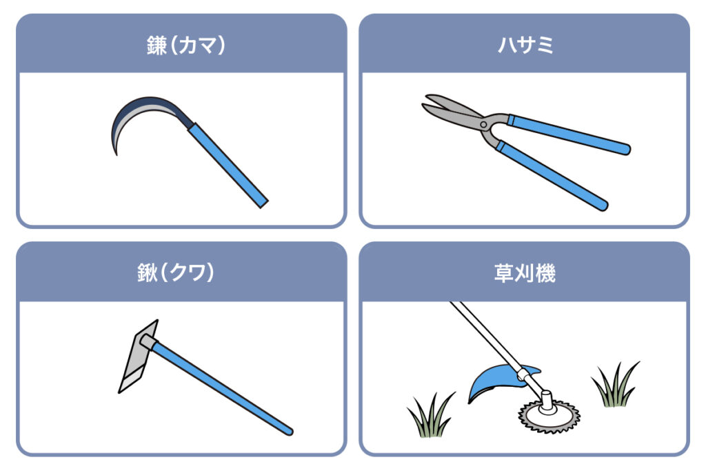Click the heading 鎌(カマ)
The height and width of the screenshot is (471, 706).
click(186, 45)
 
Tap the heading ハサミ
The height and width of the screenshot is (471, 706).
click(525, 45)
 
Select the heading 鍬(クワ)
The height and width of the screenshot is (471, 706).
click(176, 272)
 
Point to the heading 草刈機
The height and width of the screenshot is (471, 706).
click(525, 273)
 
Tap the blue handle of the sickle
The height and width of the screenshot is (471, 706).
click(228, 166)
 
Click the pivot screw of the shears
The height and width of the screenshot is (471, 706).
click(483, 124)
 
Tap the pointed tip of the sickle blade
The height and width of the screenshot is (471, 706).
click(117, 154)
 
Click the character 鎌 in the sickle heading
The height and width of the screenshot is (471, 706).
click(157, 46)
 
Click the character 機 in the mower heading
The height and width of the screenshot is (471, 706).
click(546, 273)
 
